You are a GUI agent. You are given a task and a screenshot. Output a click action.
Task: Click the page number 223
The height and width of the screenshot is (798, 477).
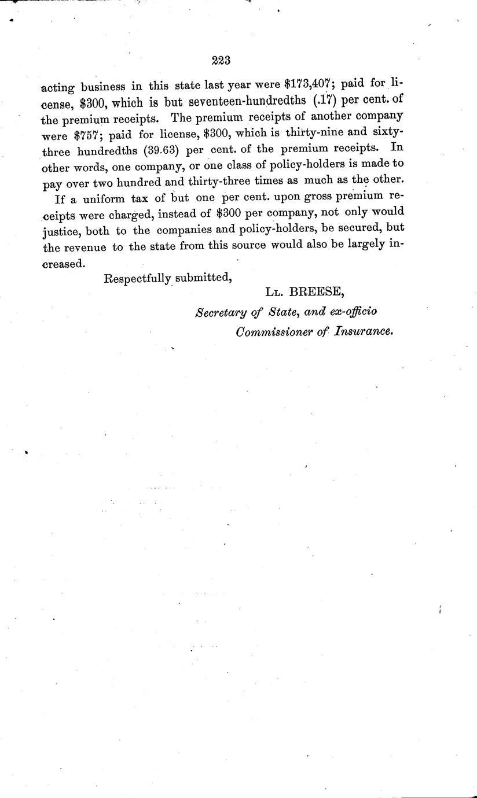coord(222,59)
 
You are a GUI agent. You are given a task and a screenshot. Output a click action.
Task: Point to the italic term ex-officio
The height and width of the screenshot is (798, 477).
coord(353,313)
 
